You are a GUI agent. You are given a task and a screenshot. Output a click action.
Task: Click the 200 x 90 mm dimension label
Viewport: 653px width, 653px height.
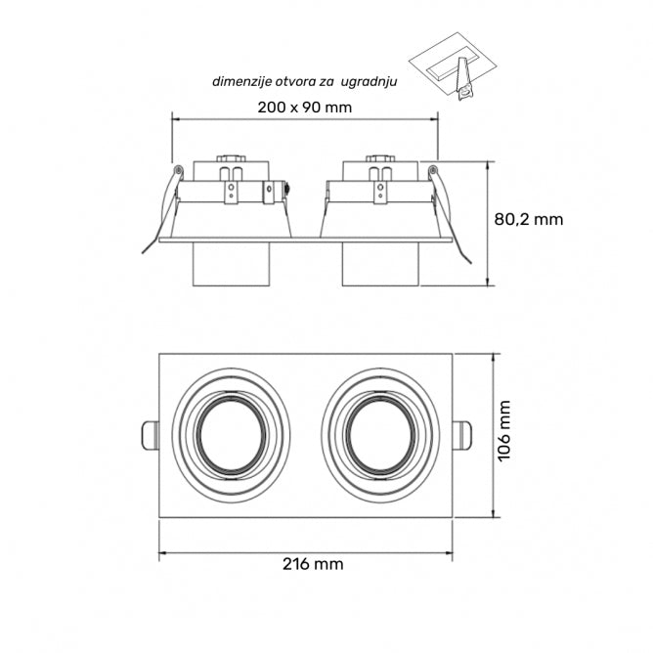tap(304, 108)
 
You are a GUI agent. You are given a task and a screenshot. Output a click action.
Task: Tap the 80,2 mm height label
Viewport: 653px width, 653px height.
tap(529, 220)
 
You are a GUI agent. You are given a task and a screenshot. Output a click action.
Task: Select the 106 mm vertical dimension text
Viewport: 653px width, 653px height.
tap(504, 431)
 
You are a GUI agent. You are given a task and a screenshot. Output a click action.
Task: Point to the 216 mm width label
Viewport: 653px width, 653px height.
tap(313, 564)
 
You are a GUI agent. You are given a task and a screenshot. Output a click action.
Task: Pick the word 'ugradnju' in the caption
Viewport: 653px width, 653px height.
tap(369, 82)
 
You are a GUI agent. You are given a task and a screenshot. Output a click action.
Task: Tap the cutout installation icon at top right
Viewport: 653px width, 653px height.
tap(454, 66)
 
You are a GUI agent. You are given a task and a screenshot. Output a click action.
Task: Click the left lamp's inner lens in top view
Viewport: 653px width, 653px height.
tap(231, 435)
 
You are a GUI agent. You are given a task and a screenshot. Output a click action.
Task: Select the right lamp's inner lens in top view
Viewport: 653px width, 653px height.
tap(380, 435)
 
